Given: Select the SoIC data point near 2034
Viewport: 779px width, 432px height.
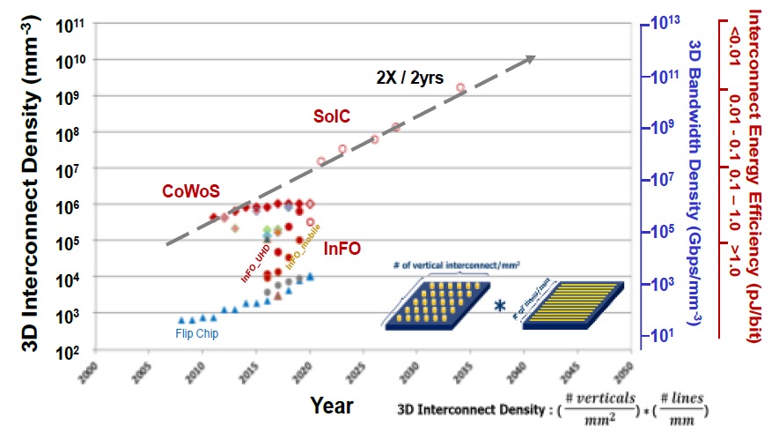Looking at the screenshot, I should tap(460, 87).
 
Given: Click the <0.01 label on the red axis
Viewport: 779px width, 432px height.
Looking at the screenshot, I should tap(733, 45).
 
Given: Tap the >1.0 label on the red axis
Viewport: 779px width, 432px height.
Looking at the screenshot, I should tap(733, 262).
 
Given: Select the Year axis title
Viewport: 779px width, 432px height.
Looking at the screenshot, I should tap(331, 406).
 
